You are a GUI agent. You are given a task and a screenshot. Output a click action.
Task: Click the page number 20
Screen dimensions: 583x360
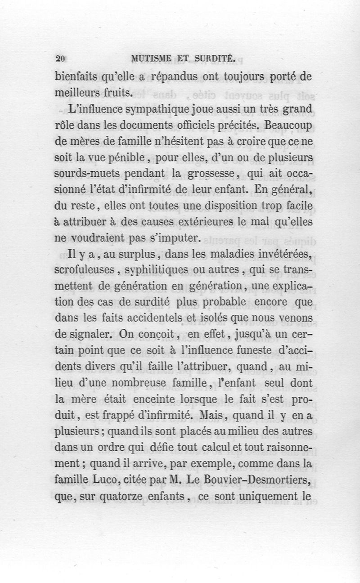click(x=61, y=58)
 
